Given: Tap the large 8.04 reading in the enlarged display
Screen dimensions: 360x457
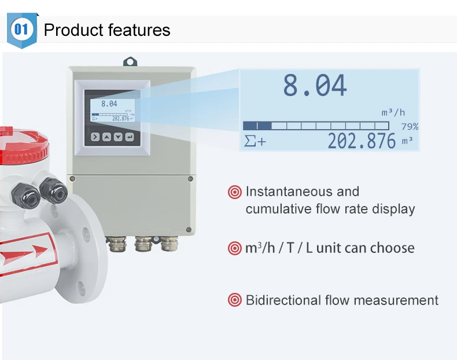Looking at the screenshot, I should click(x=315, y=86).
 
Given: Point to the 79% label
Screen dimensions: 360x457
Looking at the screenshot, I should click(x=410, y=126).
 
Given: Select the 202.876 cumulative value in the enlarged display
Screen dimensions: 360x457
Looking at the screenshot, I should click(x=362, y=141).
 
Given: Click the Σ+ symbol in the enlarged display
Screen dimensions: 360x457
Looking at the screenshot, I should click(x=255, y=141).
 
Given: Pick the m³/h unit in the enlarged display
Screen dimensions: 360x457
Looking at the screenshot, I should click(x=393, y=112).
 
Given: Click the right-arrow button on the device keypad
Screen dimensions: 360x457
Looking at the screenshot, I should click(x=94, y=137).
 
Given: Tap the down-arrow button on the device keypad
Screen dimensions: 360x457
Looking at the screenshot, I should click(x=118, y=137).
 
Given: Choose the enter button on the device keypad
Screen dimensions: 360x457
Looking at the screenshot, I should click(x=130, y=137).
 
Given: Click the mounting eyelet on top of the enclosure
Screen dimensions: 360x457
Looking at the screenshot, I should click(x=130, y=60).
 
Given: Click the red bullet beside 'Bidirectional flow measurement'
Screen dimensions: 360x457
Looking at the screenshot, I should click(x=235, y=300).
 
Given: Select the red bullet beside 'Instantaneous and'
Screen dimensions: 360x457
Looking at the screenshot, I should click(x=235, y=192).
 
